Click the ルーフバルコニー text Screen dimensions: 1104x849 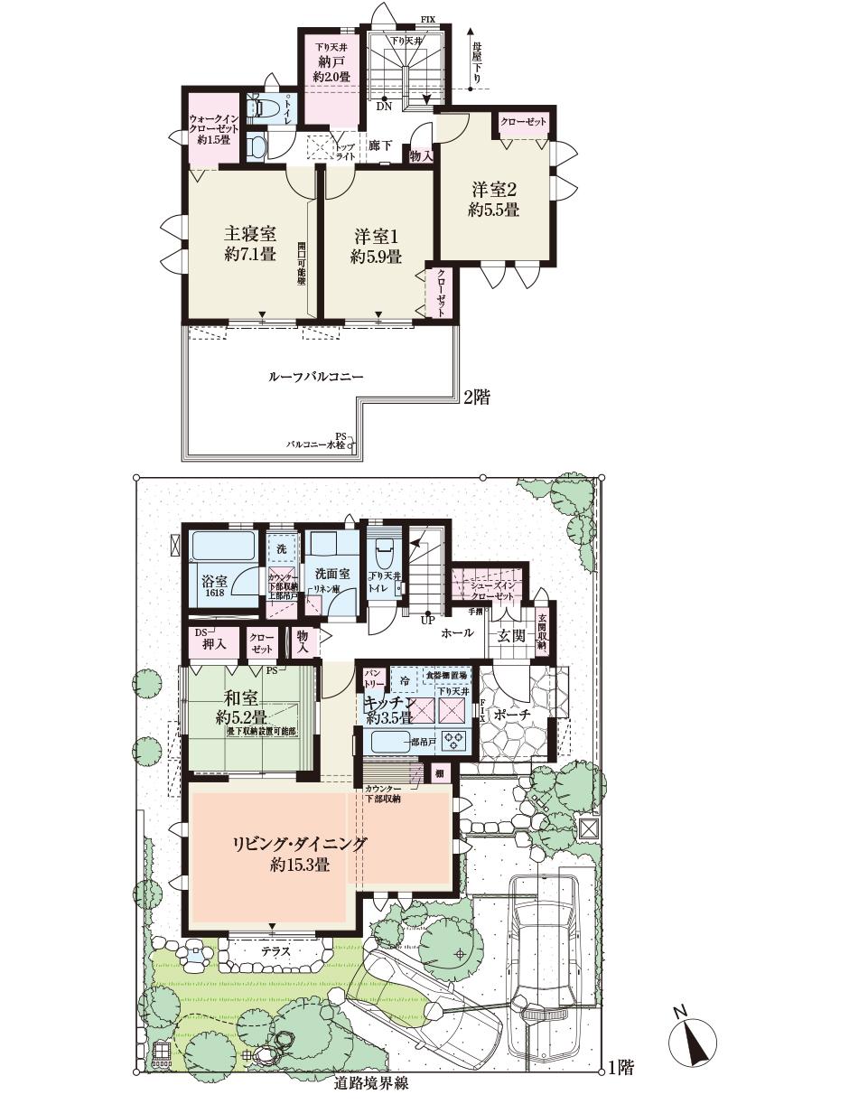[x=316, y=376]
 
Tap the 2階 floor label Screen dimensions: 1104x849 [x=476, y=398]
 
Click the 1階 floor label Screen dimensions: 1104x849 [x=620, y=1068]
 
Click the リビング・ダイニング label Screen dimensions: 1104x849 [x=300, y=844]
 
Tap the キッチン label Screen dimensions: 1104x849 [x=388, y=702]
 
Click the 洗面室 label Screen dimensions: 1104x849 [x=332, y=574]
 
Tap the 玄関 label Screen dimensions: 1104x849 [x=510, y=635]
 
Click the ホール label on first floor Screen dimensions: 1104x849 [x=456, y=634]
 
